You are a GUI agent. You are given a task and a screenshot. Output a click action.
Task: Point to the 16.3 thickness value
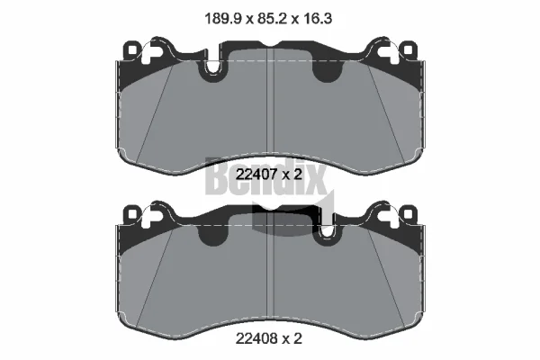317,18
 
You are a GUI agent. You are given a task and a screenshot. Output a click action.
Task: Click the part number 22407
256,175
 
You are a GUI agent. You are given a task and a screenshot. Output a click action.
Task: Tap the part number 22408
256,338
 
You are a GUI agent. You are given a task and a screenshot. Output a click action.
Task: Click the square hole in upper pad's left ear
132,50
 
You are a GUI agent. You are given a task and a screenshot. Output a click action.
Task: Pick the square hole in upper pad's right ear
408,50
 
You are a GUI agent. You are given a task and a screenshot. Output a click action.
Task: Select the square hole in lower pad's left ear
132,214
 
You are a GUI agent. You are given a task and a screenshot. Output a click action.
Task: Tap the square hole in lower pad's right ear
408,214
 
